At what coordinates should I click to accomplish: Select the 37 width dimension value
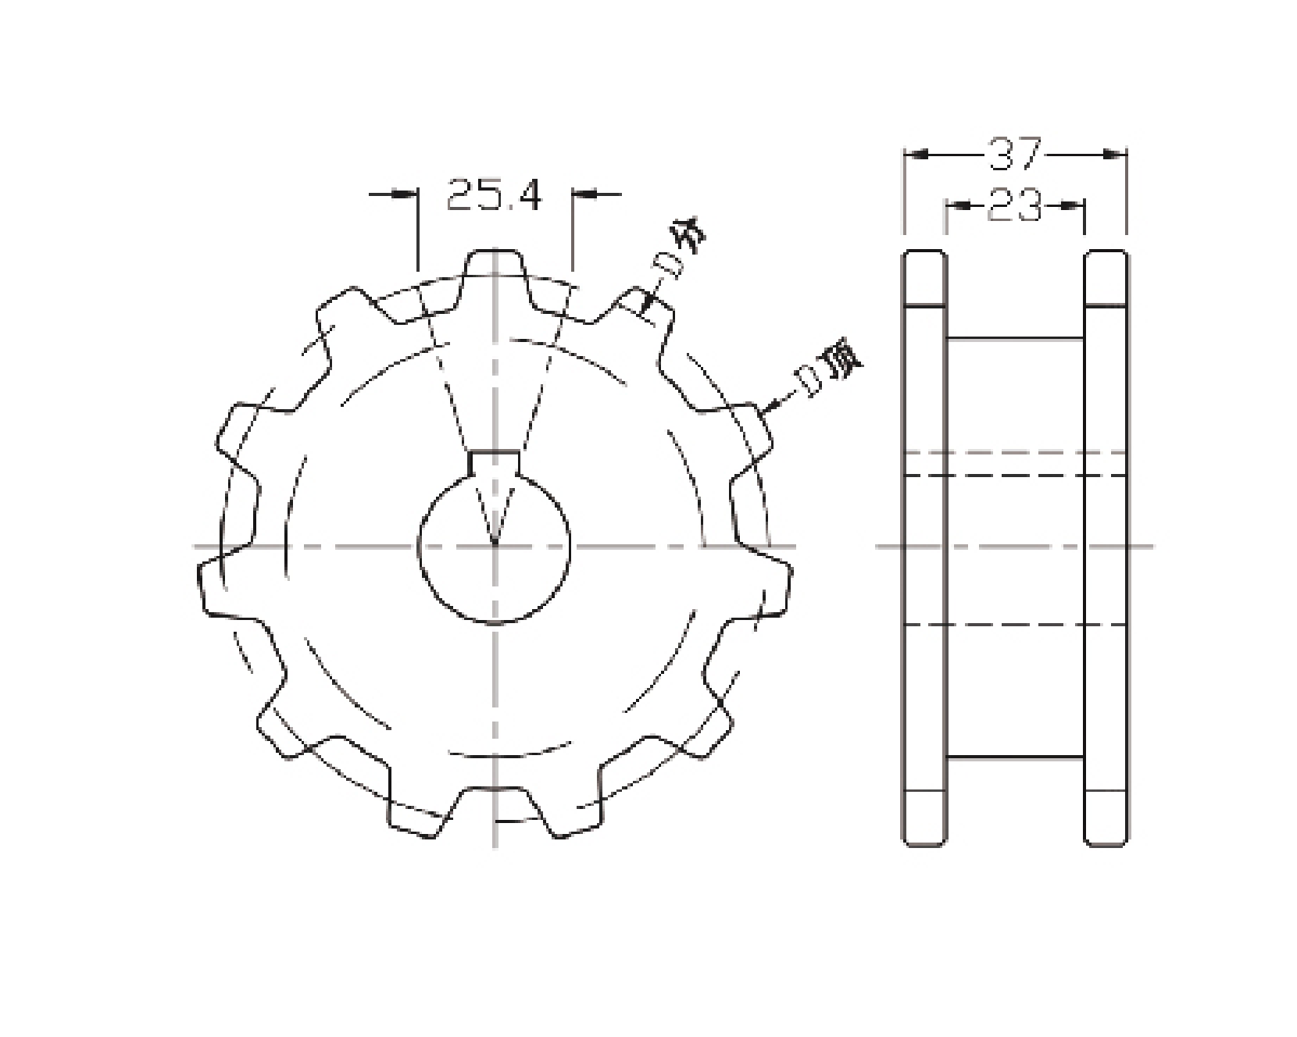(1014, 154)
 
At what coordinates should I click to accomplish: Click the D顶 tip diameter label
(827, 369)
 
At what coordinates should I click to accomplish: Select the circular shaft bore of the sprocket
(495, 547)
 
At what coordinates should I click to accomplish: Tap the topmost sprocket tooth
(494, 274)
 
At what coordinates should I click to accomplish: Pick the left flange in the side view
(924, 547)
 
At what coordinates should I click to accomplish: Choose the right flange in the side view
(1105, 547)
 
